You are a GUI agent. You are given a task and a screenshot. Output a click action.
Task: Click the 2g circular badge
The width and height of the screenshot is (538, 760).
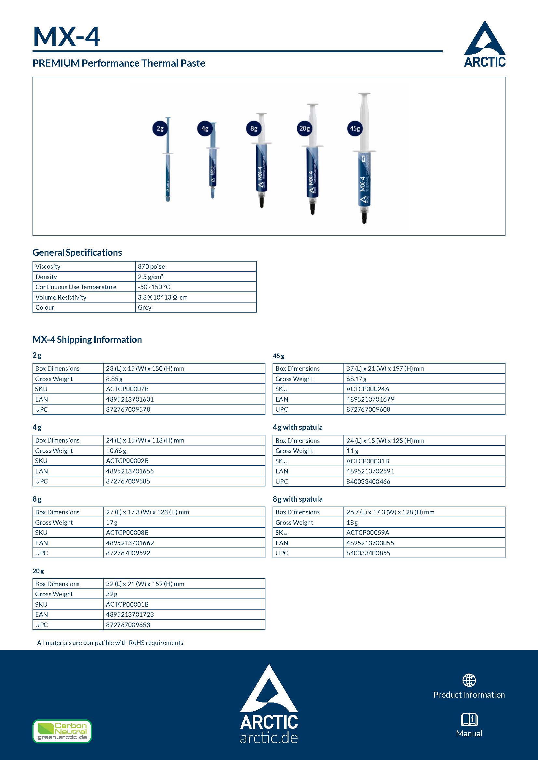[160, 128]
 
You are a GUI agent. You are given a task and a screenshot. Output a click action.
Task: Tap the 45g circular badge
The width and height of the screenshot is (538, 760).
[355, 128]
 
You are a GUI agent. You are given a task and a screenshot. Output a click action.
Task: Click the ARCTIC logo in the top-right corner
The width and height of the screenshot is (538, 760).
[485, 44]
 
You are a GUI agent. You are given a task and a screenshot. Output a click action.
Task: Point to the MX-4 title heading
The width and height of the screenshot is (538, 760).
[67, 36]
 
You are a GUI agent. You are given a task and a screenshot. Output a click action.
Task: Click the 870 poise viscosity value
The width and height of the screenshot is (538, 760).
[151, 266]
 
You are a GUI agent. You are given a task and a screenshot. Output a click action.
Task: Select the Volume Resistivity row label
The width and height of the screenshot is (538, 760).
[61, 297]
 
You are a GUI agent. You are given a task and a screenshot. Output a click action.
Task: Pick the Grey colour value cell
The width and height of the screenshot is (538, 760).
[145, 307]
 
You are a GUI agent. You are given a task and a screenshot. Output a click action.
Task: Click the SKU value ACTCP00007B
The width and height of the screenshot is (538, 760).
[127, 389]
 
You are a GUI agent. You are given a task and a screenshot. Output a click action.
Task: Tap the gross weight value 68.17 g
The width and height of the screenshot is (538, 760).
[356, 379]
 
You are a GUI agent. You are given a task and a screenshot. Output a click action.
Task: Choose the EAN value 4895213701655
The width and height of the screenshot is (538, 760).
[130, 471]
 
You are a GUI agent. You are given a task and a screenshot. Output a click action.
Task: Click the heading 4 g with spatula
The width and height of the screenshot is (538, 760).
[298, 427]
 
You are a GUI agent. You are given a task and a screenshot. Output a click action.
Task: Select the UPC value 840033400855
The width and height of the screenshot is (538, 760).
[368, 553]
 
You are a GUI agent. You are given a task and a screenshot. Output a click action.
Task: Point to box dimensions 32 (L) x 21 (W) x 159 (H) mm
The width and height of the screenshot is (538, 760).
[145, 584]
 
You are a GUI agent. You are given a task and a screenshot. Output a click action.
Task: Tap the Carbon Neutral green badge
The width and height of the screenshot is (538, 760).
[62, 731]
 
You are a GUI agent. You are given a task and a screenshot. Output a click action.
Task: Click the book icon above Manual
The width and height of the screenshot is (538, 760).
[469, 719]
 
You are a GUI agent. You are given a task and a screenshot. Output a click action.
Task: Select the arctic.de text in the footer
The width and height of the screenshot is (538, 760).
[269, 738]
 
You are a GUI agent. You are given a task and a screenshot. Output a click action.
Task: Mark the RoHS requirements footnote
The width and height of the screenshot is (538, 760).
[110, 643]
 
